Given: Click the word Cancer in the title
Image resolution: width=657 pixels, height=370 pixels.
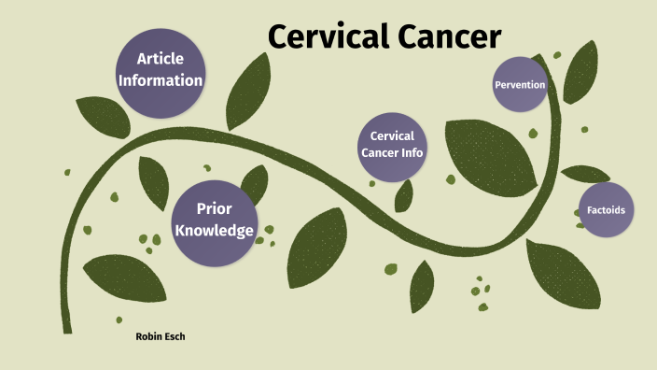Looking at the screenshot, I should pos(449,36).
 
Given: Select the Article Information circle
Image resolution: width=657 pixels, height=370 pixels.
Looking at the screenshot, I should pos(160,71).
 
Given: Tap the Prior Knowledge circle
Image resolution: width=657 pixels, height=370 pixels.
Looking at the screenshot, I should pos(214,219).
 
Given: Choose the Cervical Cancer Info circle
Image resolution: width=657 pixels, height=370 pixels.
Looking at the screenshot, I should pos(392,145).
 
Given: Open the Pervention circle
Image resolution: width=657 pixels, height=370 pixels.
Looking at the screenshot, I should pos(520,84).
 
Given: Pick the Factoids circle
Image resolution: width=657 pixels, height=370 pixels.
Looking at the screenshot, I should pos(605,209).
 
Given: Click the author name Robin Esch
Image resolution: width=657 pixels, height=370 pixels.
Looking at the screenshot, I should pos(161,335).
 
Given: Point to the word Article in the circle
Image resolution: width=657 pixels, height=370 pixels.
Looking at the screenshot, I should pos(160,59).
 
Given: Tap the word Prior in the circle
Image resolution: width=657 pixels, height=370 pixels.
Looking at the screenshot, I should pos(214,208).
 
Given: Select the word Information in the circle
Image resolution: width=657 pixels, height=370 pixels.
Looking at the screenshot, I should pos(160,81).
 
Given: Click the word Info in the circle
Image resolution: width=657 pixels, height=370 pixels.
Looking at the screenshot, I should pos(412,153).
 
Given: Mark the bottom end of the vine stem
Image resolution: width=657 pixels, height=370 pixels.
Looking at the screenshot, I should pos(66,328).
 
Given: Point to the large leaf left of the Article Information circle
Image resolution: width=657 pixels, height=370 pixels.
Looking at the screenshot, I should pos(102,116).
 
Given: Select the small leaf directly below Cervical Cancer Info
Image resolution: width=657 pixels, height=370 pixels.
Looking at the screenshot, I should pos(404,195).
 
